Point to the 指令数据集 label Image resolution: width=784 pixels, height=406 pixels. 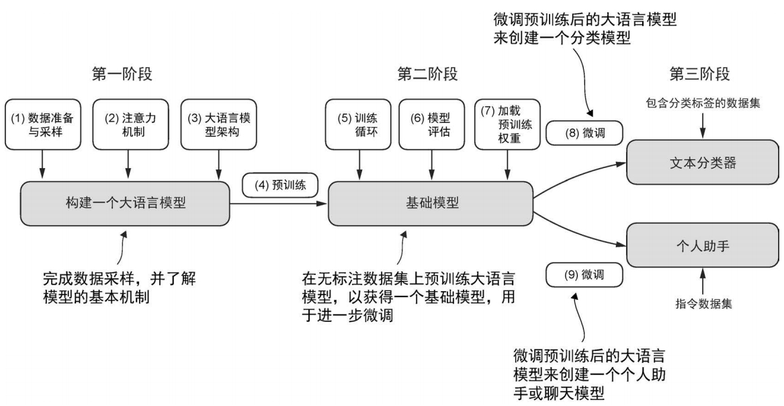(703, 303)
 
